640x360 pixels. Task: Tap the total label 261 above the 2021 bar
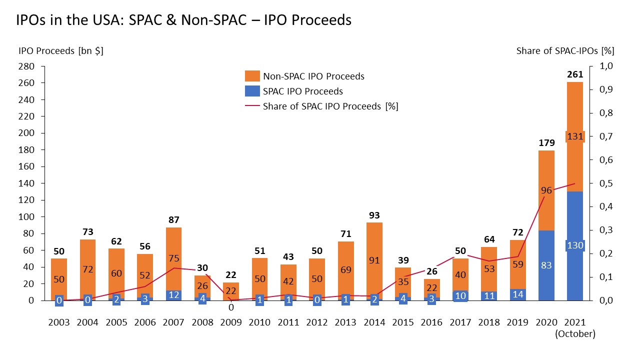click(x=574, y=74)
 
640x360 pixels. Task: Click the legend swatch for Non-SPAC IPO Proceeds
click(x=252, y=76)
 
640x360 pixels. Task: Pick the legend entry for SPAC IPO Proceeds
click(x=302, y=91)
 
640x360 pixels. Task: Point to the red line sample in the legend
click(x=252, y=106)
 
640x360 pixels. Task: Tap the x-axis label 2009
click(x=230, y=322)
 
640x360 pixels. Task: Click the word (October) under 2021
click(x=574, y=334)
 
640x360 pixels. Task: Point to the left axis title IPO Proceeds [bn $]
click(x=61, y=50)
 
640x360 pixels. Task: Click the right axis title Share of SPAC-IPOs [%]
click(x=565, y=50)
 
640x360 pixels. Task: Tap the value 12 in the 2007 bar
click(x=173, y=295)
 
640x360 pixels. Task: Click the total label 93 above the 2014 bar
click(x=374, y=215)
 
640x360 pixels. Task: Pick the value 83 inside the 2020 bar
click(x=546, y=265)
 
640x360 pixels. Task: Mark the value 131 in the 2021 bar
click(x=574, y=136)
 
